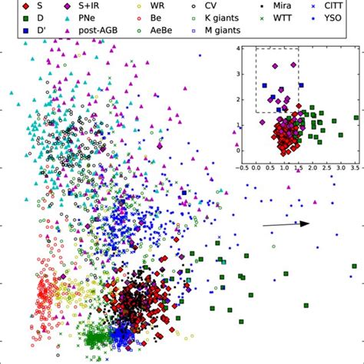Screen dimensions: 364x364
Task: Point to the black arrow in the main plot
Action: tap(286, 223)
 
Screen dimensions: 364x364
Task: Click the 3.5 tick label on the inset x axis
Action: tap(355, 167)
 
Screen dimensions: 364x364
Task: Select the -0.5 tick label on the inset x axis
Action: tap(242, 167)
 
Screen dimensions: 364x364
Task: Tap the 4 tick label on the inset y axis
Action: tap(238, 48)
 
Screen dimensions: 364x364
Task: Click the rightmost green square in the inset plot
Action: tap(356, 117)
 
